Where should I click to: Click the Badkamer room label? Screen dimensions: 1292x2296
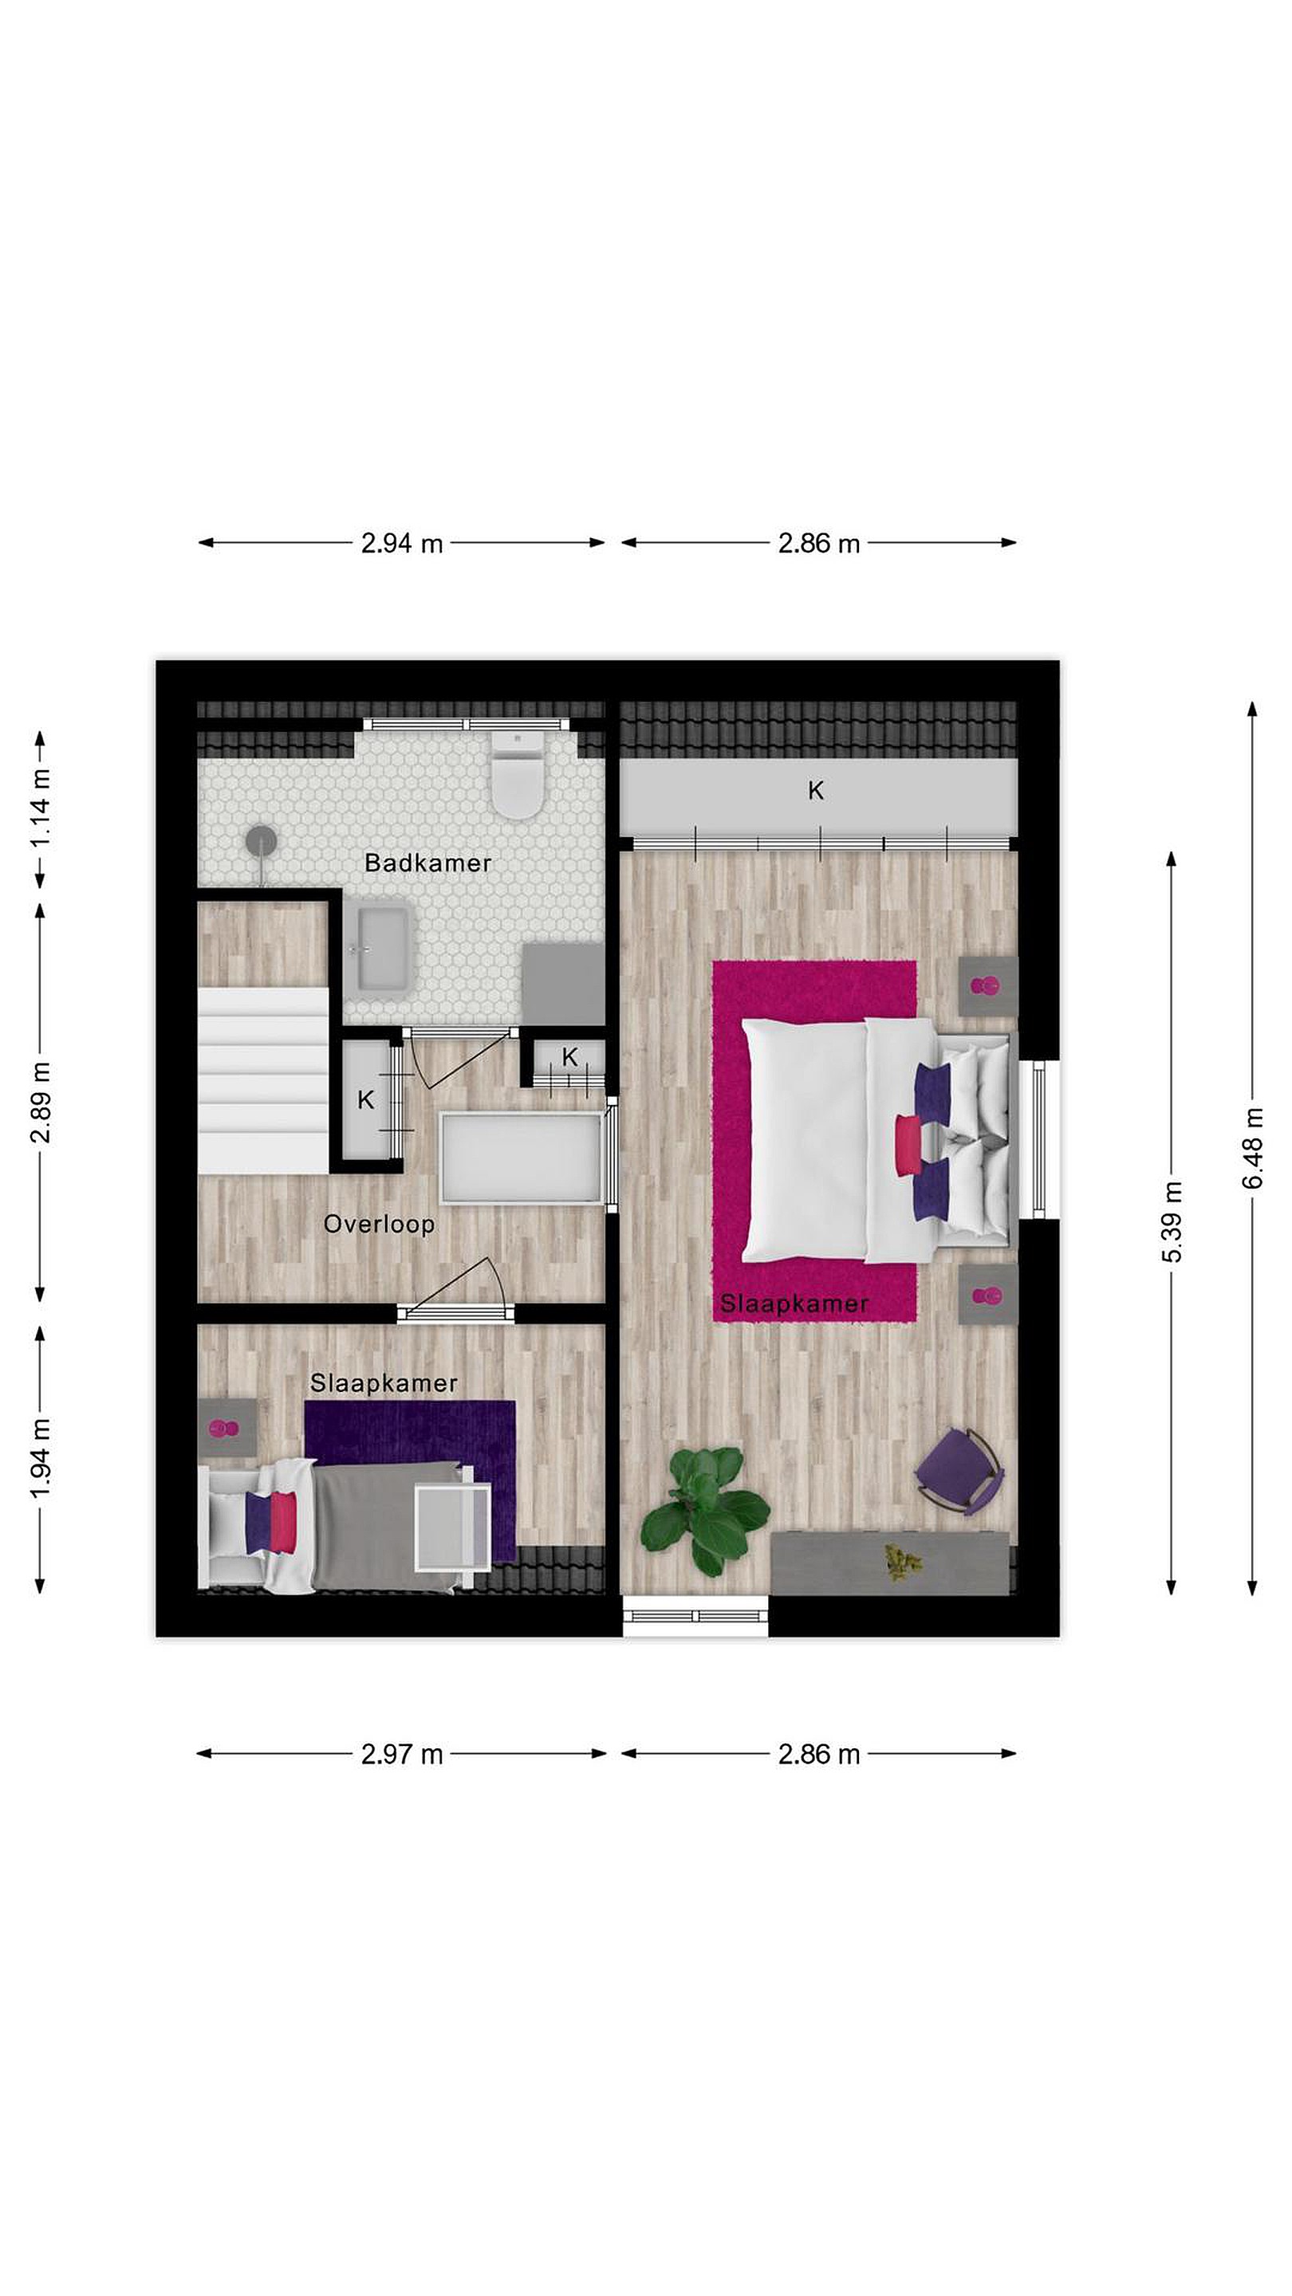tap(428, 863)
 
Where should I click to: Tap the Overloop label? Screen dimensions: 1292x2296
tap(379, 1225)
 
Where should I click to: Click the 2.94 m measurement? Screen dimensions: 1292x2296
tap(401, 543)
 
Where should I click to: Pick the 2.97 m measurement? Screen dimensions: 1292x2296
tap(401, 1754)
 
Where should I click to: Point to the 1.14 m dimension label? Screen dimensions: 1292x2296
tap(40, 810)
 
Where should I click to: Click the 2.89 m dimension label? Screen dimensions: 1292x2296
tap(40, 1103)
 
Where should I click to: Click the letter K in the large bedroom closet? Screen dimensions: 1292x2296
tap(816, 790)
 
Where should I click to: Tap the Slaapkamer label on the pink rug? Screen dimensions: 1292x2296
tap(794, 1304)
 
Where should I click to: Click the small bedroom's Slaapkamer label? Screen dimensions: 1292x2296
tap(384, 1383)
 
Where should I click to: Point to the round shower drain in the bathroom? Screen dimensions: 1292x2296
tap(262, 839)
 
